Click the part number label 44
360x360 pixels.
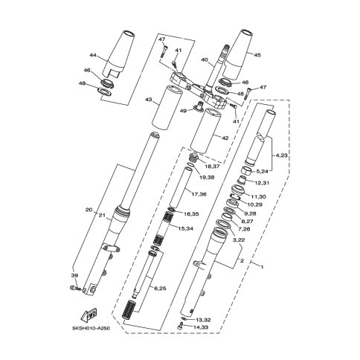point(93,55)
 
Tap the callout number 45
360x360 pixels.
point(257,55)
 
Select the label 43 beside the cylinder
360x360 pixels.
point(148,100)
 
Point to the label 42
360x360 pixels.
point(225,138)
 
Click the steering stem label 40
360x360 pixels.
point(205,60)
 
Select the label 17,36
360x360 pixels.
point(199,194)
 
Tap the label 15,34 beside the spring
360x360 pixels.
point(185,228)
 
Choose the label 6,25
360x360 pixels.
point(161,289)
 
